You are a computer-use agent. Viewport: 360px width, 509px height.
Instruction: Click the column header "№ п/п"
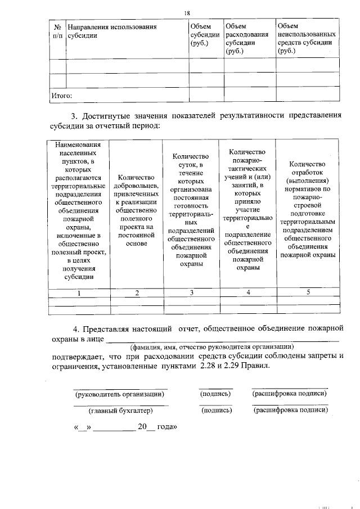(x=57, y=31)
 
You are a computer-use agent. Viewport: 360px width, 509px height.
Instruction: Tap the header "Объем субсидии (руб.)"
(x=205, y=35)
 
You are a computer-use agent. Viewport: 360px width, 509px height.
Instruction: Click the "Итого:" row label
(x=62, y=96)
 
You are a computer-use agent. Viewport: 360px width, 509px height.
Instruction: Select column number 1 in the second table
(x=79, y=293)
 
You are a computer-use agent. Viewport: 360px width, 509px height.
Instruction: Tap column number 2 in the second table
(x=137, y=293)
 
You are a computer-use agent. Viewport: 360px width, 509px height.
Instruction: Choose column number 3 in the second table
(x=191, y=292)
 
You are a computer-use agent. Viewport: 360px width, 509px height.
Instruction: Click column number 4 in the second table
(x=248, y=292)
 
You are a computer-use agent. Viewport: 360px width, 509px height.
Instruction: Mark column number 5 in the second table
(x=308, y=292)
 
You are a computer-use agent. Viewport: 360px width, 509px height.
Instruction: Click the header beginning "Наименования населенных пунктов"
(x=79, y=211)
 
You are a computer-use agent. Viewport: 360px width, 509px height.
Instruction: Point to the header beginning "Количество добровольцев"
(x=137, y=211)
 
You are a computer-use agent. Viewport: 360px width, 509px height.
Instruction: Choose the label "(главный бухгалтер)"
(x=120, y=411)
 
